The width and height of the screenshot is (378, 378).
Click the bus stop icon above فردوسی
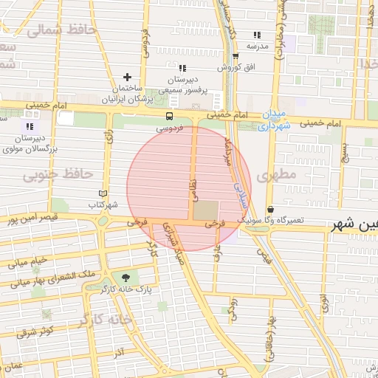click(170, 116)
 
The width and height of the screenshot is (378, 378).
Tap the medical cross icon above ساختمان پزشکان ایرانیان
click(127, 77)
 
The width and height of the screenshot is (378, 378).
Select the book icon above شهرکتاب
click(103, 193)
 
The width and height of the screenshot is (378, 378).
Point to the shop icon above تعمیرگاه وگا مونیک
click(270, 210)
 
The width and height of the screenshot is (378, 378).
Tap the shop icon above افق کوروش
click(236, 55)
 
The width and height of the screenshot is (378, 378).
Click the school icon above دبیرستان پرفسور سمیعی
click(182, 68)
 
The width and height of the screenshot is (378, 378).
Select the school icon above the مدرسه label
click(257, 35)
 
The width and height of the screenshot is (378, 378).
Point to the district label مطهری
click(277, 176)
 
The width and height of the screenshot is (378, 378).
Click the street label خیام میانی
click(28, 262)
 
